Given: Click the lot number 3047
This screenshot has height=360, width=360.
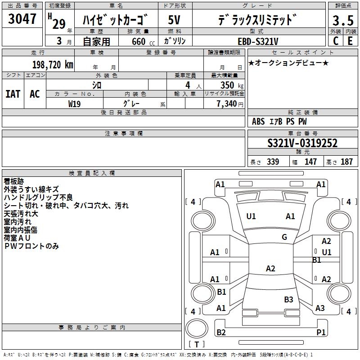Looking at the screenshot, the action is point(22,19).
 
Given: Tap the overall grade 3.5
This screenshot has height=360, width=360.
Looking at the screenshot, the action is point(343,20).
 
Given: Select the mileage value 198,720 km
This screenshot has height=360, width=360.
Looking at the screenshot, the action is point(53,65).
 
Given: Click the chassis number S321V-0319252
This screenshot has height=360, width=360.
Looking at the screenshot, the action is point(302,143).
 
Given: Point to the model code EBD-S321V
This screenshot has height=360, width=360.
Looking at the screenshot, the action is point(258,41).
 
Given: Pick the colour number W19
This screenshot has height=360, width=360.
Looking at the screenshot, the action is point(74,104).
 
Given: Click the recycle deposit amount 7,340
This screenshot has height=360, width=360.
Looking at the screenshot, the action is point(227,104).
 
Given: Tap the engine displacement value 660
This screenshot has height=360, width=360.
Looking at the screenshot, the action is point(139,41).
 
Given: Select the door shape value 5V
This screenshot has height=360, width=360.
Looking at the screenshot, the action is point(174,20).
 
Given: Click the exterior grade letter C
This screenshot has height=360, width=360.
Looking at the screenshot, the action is point(336,41).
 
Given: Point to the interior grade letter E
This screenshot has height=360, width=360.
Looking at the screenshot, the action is point(350,41).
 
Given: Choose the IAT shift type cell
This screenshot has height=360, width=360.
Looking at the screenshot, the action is point(13,94).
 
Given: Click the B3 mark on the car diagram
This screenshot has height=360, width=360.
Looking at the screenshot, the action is point(288,299).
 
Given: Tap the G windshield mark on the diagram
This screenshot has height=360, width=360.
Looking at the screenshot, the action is point(284,237).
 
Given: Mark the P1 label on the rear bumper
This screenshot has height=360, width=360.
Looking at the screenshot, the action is point(321,332).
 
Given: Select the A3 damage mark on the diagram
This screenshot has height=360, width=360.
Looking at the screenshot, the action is point(320,308).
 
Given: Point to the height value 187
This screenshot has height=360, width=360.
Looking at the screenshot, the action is point(346,162).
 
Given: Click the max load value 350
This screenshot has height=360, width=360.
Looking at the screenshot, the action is point(227,85).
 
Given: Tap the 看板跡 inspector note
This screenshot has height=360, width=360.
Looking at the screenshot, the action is point(14,181).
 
